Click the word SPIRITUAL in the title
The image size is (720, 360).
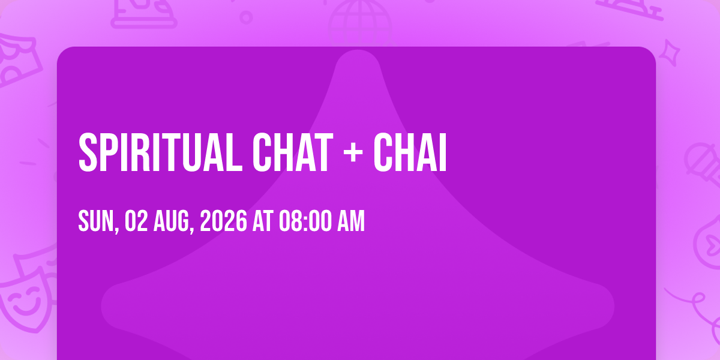(160, 152)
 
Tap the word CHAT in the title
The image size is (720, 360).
(293, 152)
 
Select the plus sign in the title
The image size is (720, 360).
(353, 152)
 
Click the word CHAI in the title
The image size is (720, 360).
(410, 152)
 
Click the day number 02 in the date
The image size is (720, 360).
(136, 221)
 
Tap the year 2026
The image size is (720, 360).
(223, 221)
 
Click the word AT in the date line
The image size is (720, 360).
(263, 221)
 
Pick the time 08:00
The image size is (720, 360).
(305, 221)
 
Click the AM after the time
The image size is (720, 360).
(350, 221)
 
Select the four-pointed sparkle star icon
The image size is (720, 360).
(670, 53)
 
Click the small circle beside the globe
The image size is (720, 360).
(246, 17)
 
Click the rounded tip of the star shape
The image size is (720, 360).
(358, 52)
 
